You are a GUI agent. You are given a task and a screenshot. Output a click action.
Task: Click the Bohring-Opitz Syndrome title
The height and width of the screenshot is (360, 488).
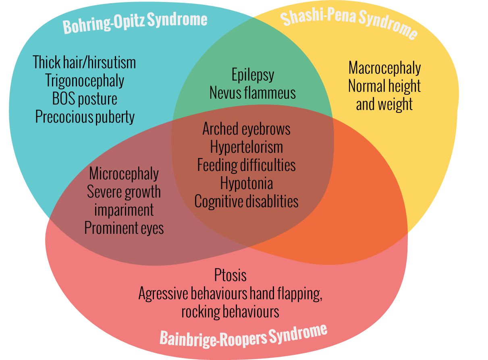[x=135, y=22]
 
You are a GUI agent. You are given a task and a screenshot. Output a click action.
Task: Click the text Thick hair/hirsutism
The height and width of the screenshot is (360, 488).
[x=84, y=62]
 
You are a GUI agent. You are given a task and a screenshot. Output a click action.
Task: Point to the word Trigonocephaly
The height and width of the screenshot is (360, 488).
[x=85, y=81]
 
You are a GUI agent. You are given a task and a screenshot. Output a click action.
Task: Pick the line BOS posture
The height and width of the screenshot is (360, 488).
[x=85, y=99]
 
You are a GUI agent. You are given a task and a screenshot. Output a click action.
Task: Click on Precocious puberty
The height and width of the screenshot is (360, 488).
[x=85, y=117]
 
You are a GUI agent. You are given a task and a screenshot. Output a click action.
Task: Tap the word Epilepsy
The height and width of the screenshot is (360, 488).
[x=253, y=75]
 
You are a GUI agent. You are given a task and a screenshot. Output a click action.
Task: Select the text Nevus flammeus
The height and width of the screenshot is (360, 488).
[x=253, y=93]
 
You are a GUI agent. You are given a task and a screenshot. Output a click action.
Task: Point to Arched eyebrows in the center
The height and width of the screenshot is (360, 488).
[x=246, y=129]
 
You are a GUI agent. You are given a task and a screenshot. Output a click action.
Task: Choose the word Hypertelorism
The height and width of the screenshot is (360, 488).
[x=246, y=147]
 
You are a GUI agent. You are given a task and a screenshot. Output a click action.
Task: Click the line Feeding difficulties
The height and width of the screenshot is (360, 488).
[x=246, y=165]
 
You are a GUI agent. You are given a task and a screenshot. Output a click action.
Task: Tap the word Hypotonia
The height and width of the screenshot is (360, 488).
[x=246, y=183]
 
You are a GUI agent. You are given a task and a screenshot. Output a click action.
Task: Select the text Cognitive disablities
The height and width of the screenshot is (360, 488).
[x=246, y=201]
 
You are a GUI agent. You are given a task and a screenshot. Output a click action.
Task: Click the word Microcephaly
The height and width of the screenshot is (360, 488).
[x=124, y=174]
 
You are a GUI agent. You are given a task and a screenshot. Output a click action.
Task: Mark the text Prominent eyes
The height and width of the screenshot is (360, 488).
[x=124, y=228]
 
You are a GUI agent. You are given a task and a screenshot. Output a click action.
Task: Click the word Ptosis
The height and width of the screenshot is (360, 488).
[x=230, y=276]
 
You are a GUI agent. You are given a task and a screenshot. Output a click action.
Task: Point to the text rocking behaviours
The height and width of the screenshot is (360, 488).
[x=230, y=312]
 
